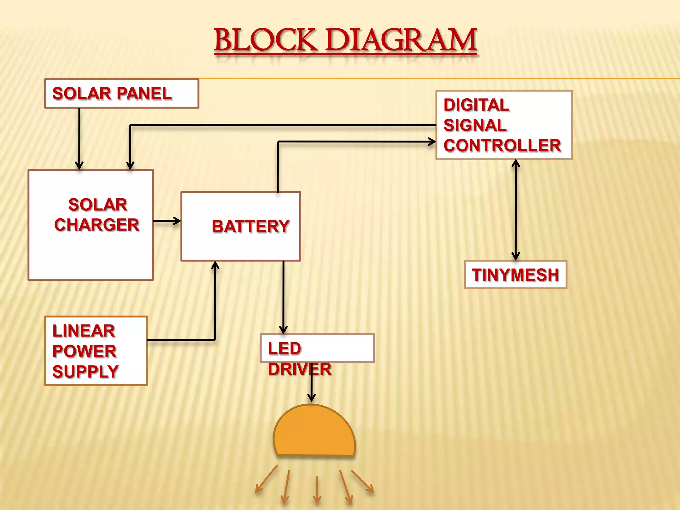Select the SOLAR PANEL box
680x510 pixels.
pos(122,94)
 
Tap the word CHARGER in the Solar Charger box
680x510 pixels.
pos(97,225)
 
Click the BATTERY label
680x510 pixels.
pos(250,227)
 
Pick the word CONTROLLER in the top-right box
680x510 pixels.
pos(502,146)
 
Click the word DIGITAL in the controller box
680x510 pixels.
pos(476,105)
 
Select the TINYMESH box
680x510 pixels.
pos(515,275)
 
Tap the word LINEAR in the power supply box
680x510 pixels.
pos(84,331)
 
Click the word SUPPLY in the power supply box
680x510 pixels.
pos(85,372)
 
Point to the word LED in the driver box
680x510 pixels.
pos(285,349)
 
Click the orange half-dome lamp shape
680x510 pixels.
pos(314,432)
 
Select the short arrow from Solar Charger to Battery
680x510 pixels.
pos(167,221)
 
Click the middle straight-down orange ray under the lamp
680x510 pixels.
pos(317,490)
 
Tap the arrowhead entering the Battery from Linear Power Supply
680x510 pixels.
pos(215,266)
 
